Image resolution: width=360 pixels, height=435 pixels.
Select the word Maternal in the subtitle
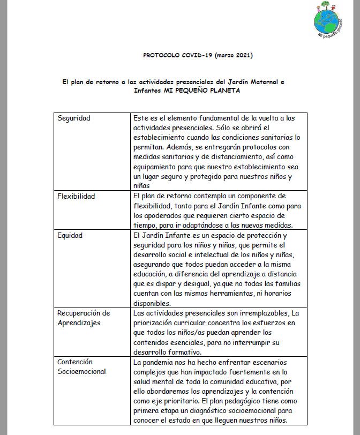(x=262, y=82)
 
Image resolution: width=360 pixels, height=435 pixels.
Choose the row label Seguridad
(x=74, y=118)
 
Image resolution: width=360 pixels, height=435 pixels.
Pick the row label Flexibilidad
(x=76, y=196)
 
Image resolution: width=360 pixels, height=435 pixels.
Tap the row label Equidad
(x=70, y=235)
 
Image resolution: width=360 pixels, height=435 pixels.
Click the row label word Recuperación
(x=84, y=313)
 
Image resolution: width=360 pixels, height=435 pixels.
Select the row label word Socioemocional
(x=81, y=371)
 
